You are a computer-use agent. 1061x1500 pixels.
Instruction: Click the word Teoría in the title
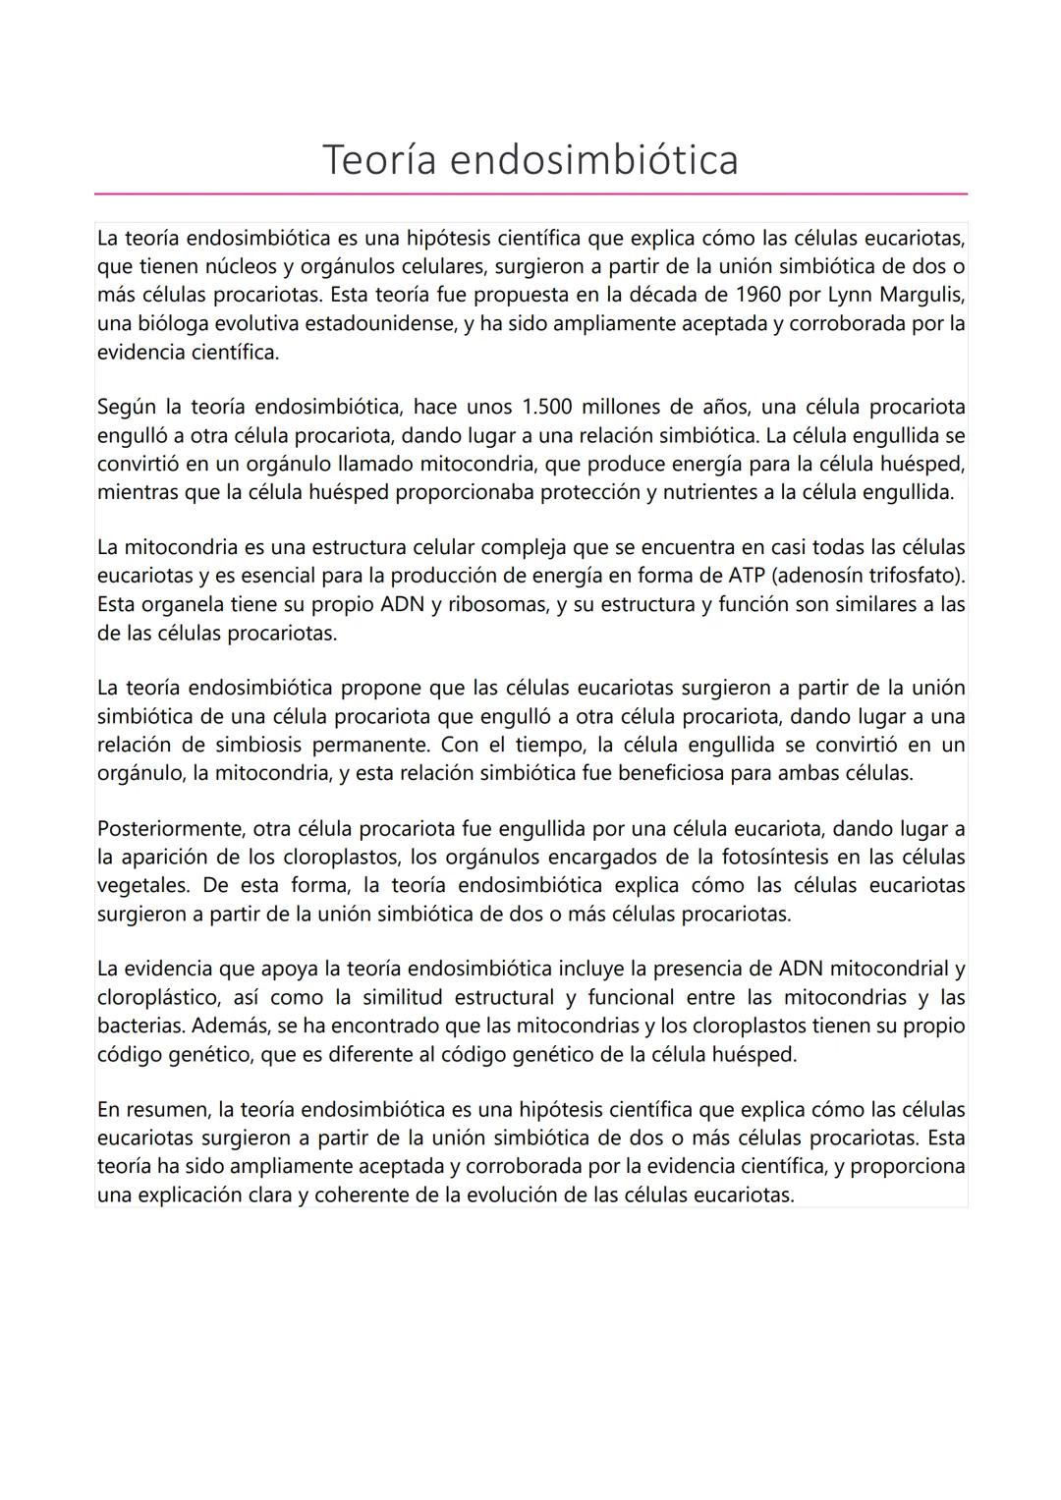tap(379, 160)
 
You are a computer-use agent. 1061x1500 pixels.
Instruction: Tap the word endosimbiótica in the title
tap(593, 160)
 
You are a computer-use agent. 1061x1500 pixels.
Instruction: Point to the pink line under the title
tap(530, 194)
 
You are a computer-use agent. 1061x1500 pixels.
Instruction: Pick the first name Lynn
tap(849, 295)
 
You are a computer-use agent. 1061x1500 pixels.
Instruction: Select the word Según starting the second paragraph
tap(127, 407)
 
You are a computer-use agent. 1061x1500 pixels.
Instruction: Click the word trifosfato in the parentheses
tap(912, 576)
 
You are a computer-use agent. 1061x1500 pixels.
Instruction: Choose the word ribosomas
tap(496, 604)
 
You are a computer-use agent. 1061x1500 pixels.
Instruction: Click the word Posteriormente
tap(163, 829)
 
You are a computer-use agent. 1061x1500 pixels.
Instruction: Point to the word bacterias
tap(140, 1027)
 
